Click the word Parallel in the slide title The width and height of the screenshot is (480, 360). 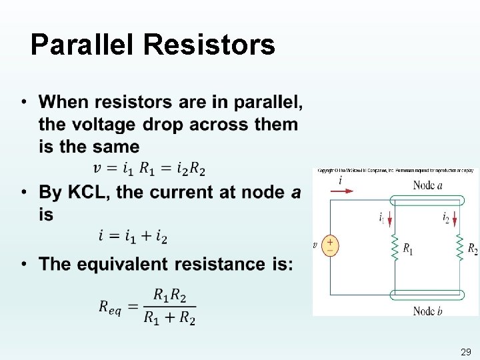tap(83, 45)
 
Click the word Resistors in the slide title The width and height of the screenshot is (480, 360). tap(209, 45)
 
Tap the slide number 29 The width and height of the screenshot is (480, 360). tap(465, 351)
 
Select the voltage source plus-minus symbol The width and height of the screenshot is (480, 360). tap(330, 245)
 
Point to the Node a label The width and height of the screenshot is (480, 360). tap(427, 185)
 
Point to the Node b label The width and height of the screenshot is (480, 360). tap(427, 311)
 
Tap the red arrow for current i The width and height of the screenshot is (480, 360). tap(343, 191)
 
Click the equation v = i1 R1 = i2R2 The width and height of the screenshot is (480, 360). tap(149, 169)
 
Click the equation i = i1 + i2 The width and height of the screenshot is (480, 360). tap(133, 237)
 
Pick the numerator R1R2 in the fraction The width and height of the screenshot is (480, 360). tap(169, 295)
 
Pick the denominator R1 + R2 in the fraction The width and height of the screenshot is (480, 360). tap(169, 318)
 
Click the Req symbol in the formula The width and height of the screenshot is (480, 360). tap(110, 307)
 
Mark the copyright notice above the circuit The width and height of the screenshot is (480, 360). tap(395, 171)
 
